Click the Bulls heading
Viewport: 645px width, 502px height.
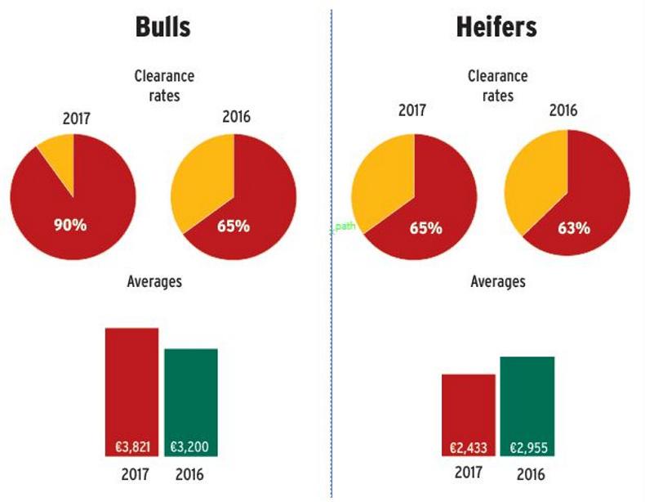click(x=162, y=27)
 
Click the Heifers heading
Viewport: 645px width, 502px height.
click(x=496, y=27)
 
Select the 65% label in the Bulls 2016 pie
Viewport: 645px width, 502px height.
click(x=234, y=226)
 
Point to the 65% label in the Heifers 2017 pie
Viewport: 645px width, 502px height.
click(x=425, y=228)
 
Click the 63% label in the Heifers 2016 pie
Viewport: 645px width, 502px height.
click(x=573, y=228)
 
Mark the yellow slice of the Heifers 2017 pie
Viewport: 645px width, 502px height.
click(x=380, y=184)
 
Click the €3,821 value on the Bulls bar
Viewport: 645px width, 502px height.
click(x=131, y=447)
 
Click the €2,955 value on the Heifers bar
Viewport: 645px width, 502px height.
click(x=527, y=448)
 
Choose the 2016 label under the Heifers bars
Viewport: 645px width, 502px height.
click(x=530, y=474)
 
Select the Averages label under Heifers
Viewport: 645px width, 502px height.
click(x=498, y=282)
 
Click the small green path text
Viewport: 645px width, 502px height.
click(x=344, y=226)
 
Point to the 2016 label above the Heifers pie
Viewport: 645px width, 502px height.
click(x=563, y=110)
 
